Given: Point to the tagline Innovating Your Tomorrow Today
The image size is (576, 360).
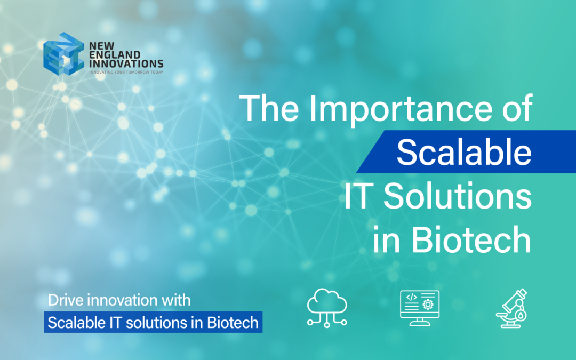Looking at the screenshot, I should pos(125,71).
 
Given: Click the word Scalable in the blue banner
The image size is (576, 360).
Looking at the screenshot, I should pos(463,154).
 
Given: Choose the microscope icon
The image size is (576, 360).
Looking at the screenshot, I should pos(511,308).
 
